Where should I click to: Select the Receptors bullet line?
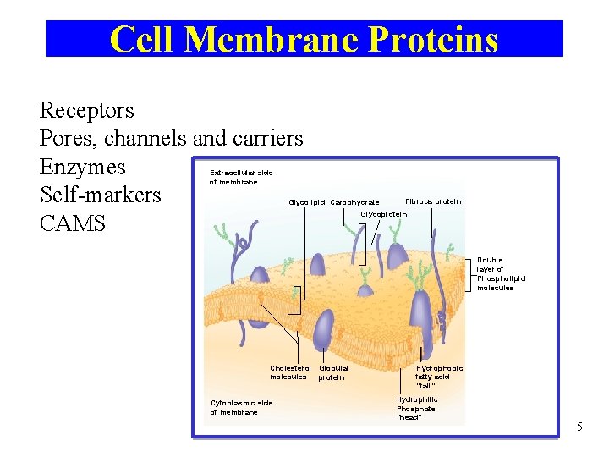[86, 111]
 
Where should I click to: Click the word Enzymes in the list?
[82, 167]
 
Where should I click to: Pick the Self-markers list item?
[100, 195]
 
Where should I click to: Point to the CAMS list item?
[73, 223]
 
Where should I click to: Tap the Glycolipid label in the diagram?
[307, 202]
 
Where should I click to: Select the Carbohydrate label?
[354, 202]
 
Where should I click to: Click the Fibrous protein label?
[433, 201]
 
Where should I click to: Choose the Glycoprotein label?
[384, 214]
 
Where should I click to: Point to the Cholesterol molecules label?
[289, 372]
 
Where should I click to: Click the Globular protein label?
[333, 372]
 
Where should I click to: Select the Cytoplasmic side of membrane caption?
[241, 407]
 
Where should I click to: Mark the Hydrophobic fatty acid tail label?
[438, 377]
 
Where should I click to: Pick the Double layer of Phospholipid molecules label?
[500, 273]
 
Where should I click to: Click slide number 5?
[579, 427]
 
